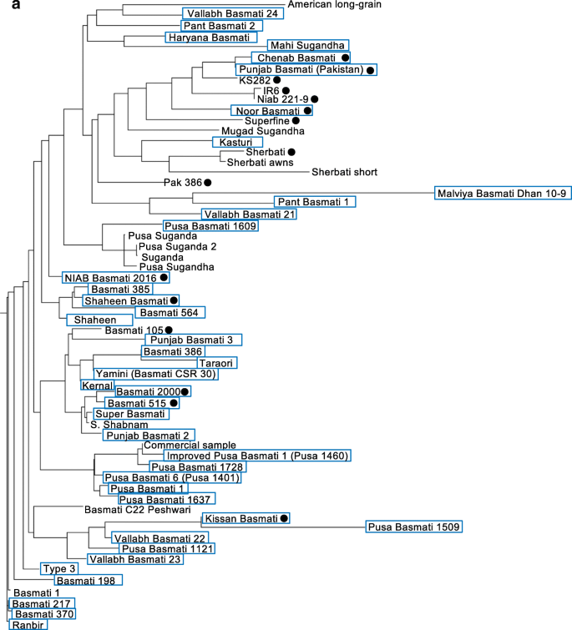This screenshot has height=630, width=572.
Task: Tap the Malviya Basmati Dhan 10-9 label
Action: (504, 194)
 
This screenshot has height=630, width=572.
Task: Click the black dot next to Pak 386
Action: (207, 181)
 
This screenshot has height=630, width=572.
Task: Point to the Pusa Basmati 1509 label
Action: (414, 527)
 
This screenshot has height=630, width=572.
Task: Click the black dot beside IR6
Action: (286, 90)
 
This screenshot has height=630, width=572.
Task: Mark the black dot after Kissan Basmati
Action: (285, 519)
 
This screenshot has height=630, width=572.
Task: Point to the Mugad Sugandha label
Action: (261, 131)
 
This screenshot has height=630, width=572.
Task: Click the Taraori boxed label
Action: (216, 363)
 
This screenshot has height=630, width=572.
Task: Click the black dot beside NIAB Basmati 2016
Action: (165, 277)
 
